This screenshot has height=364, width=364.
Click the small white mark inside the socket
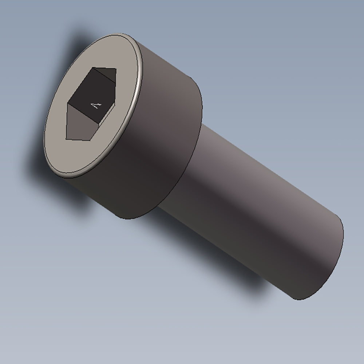tap(96, 106)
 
